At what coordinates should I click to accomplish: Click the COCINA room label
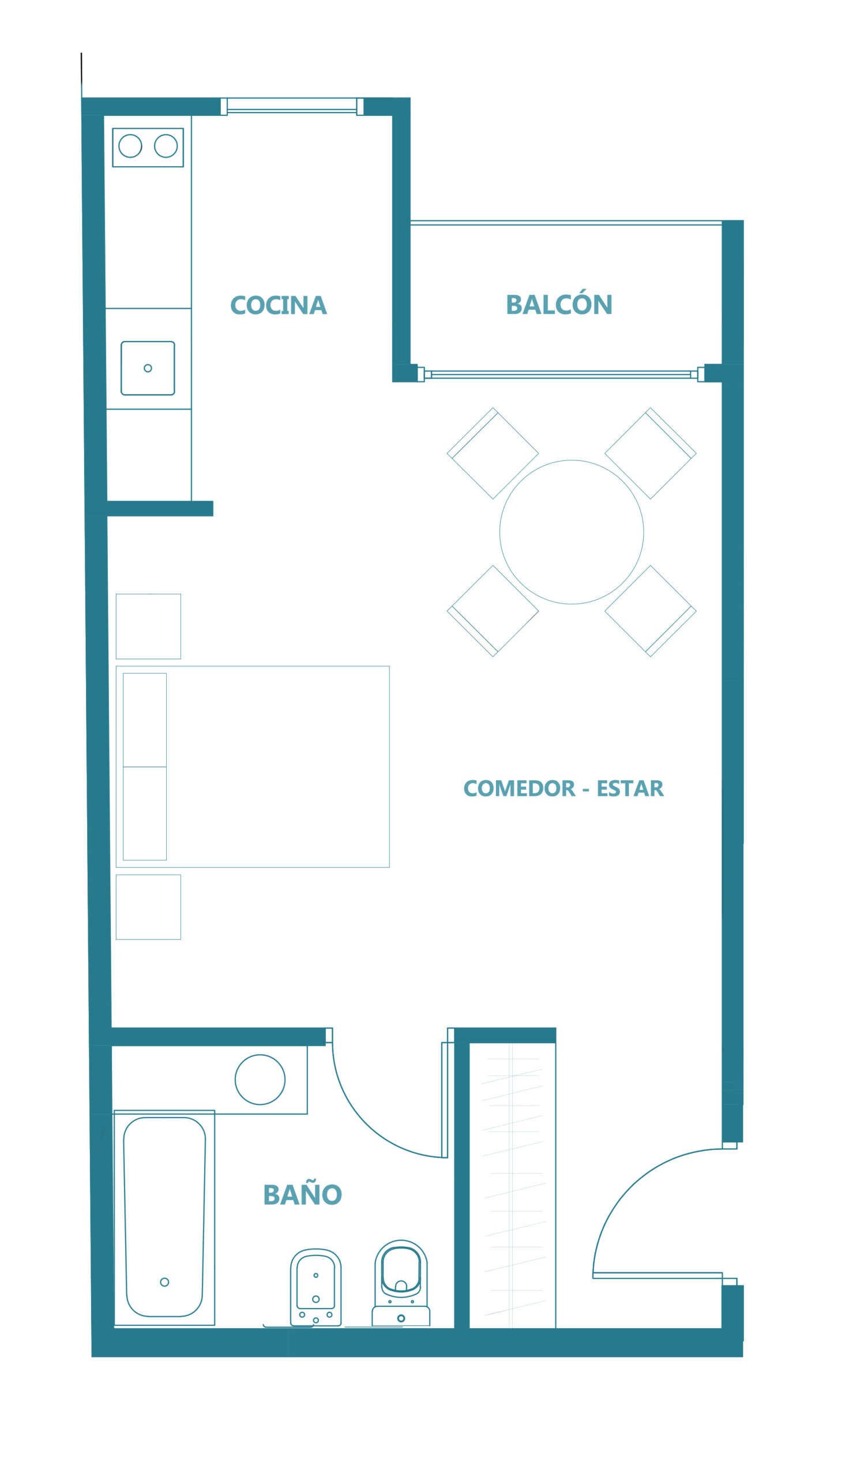point(279,305)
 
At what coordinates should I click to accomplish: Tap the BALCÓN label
point(559,302)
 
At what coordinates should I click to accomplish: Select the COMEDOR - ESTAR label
point(564,788)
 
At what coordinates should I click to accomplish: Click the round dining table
point(572,532)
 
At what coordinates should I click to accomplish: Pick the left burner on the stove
point(130,146)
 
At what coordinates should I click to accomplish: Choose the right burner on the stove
point(166,146)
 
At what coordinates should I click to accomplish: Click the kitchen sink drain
point(148,368)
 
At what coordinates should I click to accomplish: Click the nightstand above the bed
point(148,627)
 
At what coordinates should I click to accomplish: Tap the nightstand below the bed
point(148,908)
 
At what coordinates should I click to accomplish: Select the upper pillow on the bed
point(145,719)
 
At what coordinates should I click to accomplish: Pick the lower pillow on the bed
point(145,814)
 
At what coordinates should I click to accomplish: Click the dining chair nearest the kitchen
point(493,453)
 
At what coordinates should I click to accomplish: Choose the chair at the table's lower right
point(651,611)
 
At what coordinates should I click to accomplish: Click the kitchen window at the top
point(292,106)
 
